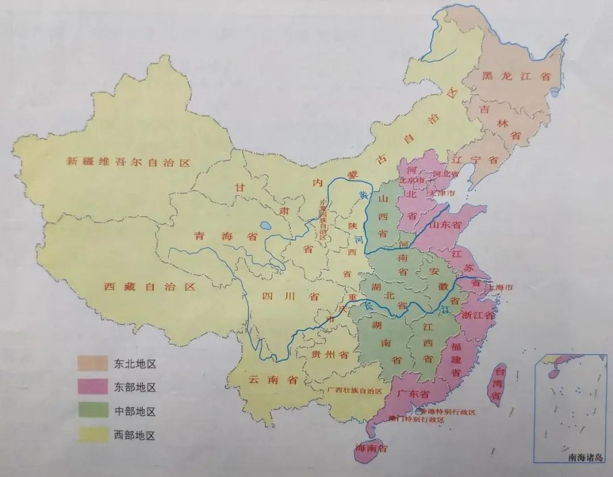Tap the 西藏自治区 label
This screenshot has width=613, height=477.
coord(150,287)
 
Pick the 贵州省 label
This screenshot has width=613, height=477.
coord(330,355)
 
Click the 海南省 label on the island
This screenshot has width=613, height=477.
coord(371,449)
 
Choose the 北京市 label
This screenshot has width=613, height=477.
coord(413,180)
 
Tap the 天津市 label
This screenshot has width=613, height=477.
coord(442,194)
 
